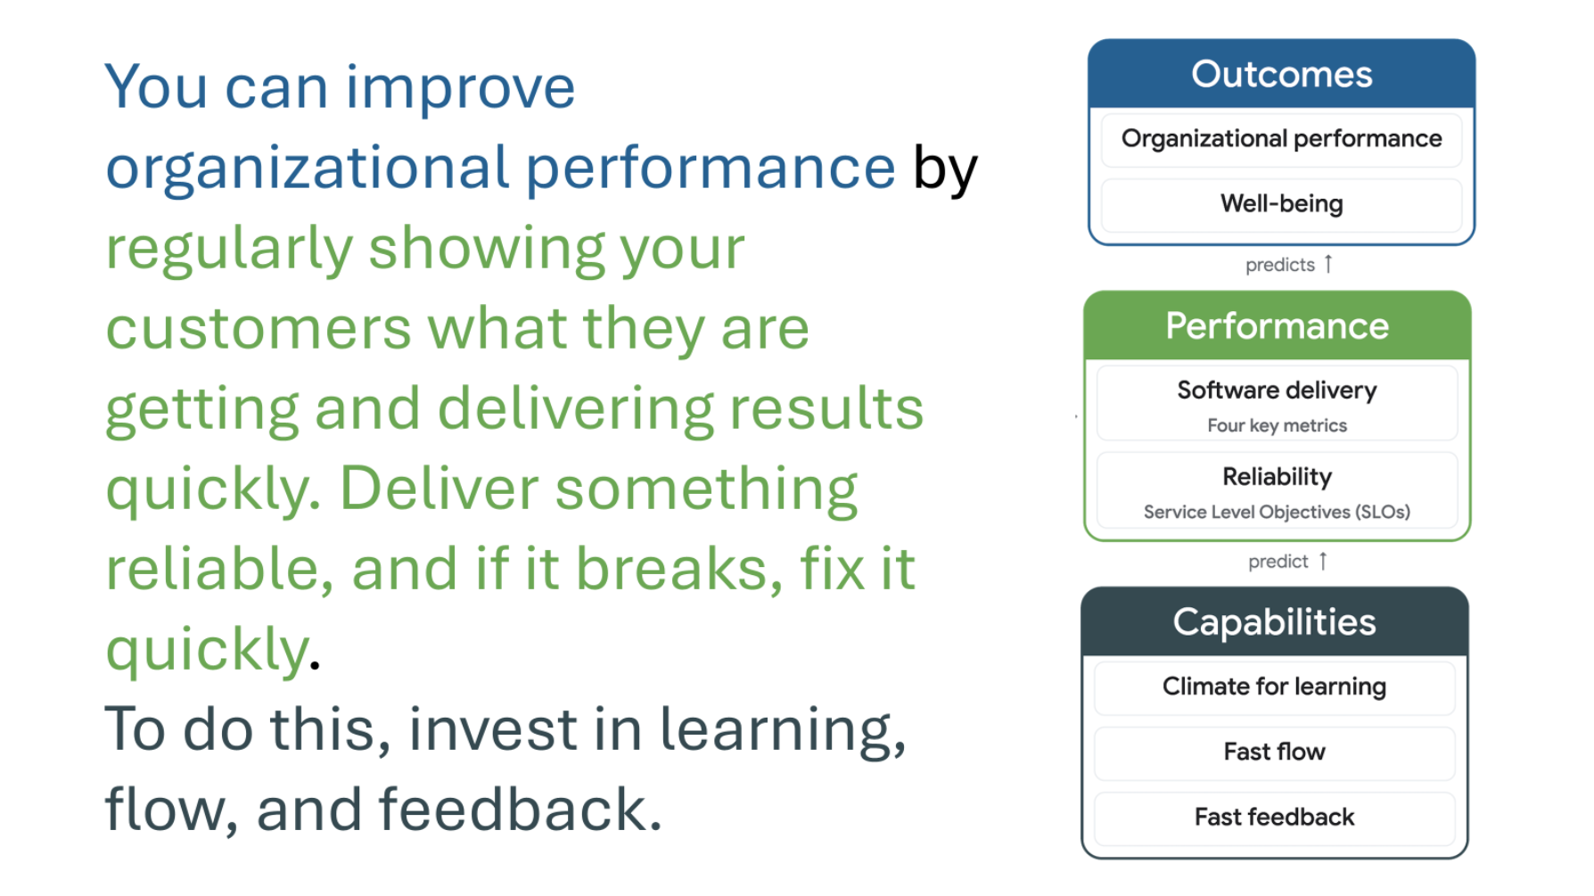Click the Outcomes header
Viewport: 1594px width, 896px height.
point(1281,74)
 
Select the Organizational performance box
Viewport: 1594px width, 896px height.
point(1281,139)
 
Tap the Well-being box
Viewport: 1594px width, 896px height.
point(1281,204)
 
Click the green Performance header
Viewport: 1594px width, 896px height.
point(1277,326)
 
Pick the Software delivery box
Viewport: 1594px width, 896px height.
point(1277,403)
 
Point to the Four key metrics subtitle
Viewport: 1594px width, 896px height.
point(1277,426)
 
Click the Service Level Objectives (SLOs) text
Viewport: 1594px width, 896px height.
point(1277,513)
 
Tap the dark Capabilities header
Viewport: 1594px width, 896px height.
point(1274,622)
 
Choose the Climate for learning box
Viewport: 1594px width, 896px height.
point(1274,687)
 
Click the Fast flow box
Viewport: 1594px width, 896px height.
point(1274,752)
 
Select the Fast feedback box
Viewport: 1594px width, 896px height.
point(1274,818)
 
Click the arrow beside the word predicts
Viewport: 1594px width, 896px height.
point(1328,264)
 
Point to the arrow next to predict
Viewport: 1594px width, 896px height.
point(1323,561)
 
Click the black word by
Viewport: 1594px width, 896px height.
point(945,169)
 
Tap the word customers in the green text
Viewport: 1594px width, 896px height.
point(259,329)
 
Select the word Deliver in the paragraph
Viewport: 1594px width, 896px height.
point(439,489)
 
